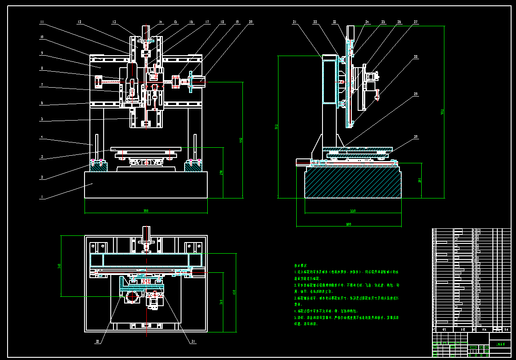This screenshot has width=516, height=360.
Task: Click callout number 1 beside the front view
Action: (41, 197)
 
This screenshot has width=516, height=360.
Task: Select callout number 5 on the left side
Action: (41, 119)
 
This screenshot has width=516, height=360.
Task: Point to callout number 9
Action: (41, 53)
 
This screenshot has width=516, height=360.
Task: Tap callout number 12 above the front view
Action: (79, 22)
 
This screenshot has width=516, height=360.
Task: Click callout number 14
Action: (161, 22)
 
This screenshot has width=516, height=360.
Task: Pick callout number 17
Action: (207, 22)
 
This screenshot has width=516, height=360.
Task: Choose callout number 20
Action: (250, 22)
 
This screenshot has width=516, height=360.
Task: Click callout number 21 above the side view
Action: (294, 22)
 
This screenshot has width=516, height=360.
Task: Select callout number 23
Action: (335, 22)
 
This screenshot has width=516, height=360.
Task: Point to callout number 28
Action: (415, 57)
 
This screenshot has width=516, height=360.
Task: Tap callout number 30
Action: (415, 137)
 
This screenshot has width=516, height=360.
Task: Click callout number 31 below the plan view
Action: (193, 342)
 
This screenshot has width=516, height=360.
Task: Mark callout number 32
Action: (97, 342)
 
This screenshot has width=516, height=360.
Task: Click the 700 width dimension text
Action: (145, 210)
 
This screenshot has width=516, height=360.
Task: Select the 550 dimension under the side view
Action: (353, 210)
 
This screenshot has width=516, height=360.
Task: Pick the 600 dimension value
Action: (348, 224)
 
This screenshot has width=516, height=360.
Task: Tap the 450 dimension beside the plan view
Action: (234, 292)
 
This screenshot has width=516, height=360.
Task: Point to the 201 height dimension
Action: (419, 180)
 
